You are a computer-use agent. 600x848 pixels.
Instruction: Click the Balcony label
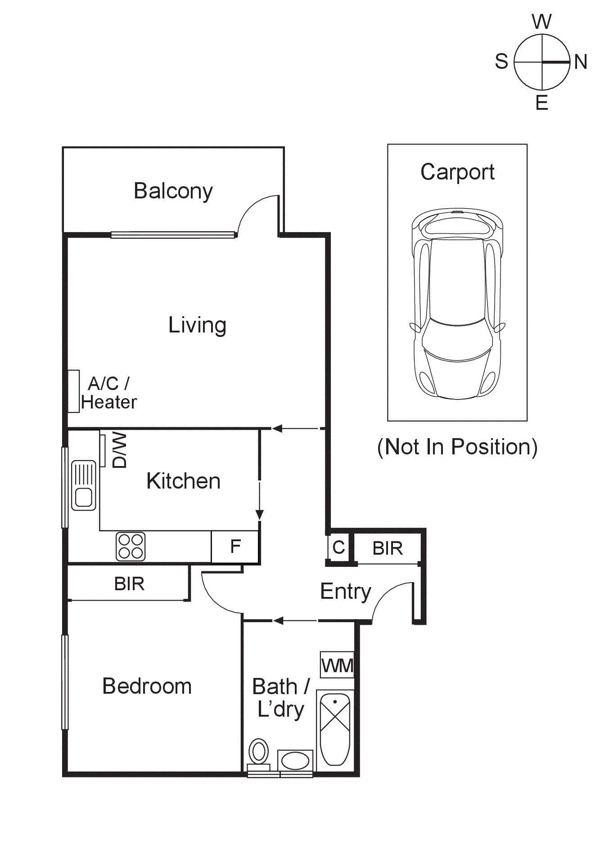click(173, 191)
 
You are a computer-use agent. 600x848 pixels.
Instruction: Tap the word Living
click(197, 325)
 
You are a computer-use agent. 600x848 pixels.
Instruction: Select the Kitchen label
click(183, 481)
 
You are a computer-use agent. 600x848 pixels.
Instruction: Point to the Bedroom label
click(147, 686)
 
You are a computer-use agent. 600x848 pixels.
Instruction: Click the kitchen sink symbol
click(84, 485)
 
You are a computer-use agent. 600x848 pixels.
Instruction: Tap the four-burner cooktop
click(131, 546)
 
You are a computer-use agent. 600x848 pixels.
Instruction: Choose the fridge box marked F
click(235, 547)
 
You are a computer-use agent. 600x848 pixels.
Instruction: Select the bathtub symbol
click(335, 729)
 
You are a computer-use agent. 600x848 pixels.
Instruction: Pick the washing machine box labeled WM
click(337, 665)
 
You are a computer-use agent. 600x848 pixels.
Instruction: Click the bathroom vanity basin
click(295, 761)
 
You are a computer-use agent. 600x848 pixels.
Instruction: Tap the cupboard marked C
click(338, 547)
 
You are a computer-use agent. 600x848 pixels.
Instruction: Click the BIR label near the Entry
click(388, 548)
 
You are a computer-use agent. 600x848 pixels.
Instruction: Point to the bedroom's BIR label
click(129, 583)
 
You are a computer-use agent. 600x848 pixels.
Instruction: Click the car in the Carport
click(457, 304)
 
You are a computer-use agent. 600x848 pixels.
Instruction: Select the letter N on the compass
click(581, 62)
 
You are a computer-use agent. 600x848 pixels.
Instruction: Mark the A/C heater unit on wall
click(73, 391)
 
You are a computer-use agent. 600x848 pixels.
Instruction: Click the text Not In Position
click(457, 447)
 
